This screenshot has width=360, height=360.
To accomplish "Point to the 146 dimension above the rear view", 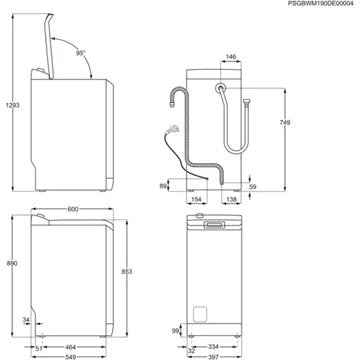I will pos(230,59).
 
